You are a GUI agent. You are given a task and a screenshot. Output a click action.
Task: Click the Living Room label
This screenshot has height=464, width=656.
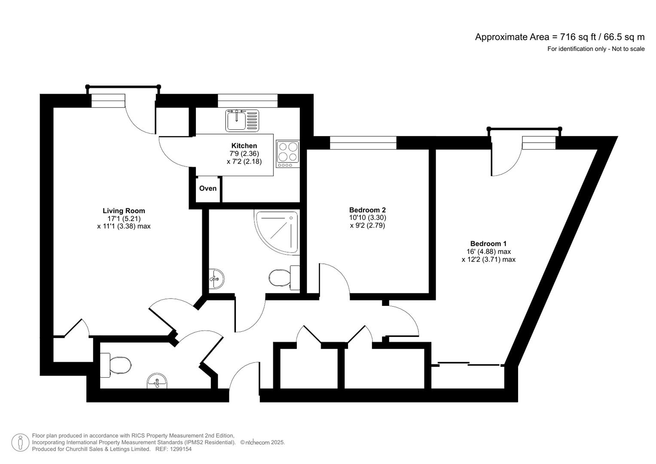point(124,211)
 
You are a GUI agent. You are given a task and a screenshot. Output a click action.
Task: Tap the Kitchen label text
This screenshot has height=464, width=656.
point(244,146)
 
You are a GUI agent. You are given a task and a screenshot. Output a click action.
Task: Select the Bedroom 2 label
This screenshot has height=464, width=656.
point(367,210)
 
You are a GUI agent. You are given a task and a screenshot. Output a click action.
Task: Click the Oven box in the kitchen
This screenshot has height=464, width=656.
point(208,189)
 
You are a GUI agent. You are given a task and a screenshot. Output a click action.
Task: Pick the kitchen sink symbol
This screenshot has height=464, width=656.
point(242,120)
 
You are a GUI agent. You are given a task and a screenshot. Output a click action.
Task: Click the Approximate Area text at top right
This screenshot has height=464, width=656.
point(559,37)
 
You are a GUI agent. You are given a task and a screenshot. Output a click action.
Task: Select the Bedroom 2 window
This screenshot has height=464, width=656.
point(363,143)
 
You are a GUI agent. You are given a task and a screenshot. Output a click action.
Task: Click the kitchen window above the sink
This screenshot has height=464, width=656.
point(247,101)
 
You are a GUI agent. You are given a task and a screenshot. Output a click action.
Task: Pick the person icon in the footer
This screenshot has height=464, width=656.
point(20,443)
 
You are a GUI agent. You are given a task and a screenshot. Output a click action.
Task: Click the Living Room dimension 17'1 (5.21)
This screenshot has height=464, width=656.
point(124,218)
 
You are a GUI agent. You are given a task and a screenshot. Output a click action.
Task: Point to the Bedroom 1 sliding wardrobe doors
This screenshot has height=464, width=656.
point(468,364)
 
